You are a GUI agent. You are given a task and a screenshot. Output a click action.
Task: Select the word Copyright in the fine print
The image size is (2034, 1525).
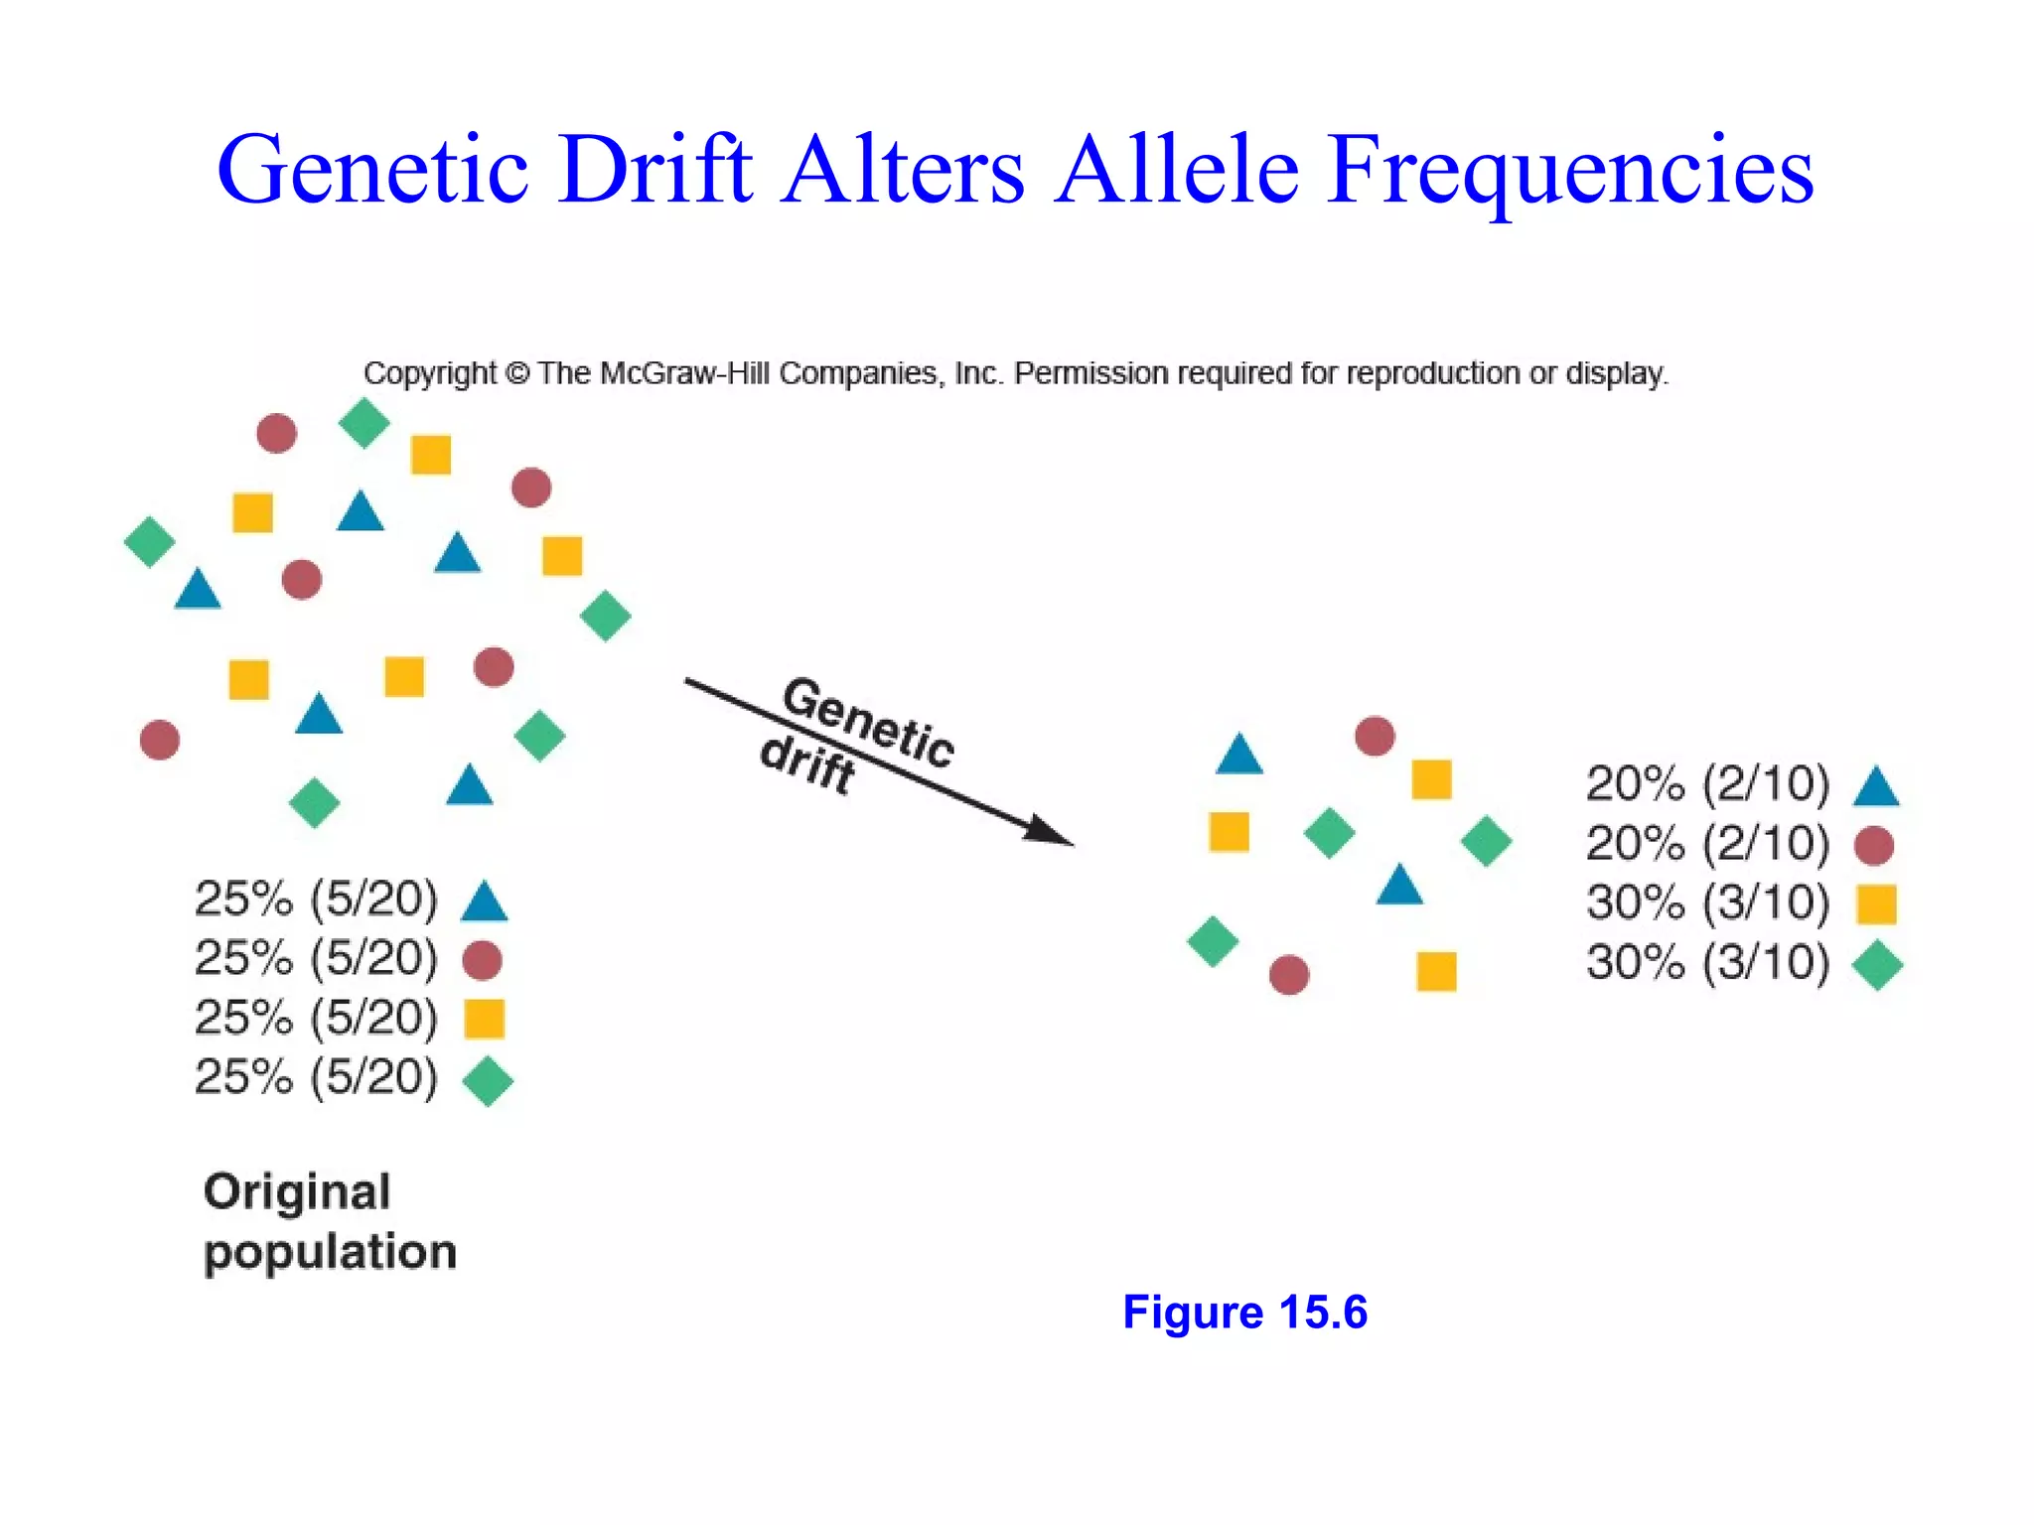(429, 373)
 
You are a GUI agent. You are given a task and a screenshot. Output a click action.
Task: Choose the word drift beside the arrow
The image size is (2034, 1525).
(806, 763)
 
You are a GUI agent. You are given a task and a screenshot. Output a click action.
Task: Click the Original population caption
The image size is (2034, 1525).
(330, 1221)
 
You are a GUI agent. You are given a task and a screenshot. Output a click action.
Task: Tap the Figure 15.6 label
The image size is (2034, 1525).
(1244, 1312)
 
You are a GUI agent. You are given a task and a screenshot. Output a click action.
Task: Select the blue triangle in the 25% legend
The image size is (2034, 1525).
(485, 901)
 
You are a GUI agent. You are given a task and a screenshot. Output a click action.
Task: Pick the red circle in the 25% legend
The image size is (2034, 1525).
(483, 960)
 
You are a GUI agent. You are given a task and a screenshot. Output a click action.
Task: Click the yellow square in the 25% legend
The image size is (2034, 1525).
(485, 1019)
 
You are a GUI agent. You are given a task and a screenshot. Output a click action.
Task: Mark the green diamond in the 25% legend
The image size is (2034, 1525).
(488, 1080)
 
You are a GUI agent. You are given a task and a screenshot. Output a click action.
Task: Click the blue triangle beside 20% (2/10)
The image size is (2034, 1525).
(1876, 787)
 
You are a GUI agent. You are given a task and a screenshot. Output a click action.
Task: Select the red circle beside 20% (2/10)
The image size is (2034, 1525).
(1874, 846)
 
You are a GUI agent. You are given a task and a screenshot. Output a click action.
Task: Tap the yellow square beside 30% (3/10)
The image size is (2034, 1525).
(1876, 904)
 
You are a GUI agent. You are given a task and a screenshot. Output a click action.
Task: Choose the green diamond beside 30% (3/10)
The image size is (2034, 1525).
(1877, 965)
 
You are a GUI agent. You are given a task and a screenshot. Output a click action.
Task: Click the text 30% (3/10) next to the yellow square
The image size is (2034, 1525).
(1707, 903)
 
